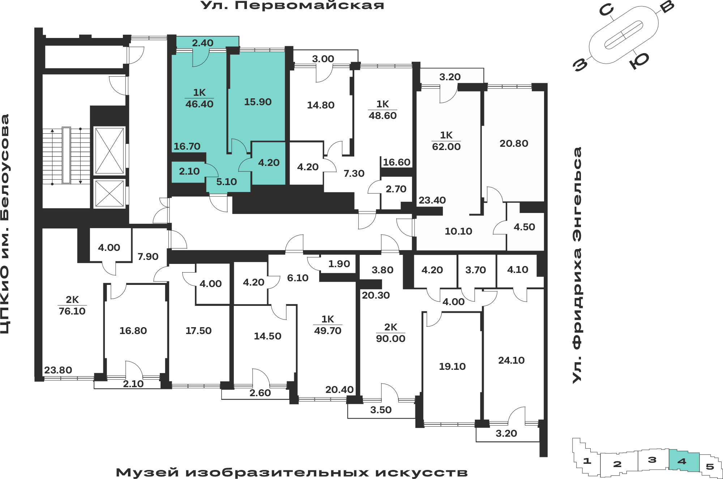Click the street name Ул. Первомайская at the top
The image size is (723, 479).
[x=292, y=5]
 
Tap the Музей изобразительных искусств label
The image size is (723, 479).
[x=292, y=472]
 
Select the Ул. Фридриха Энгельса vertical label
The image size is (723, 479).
[x=577, y=265]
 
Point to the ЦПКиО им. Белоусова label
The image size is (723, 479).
[x=5, y=224]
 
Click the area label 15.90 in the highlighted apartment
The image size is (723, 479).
[x=258, y=102]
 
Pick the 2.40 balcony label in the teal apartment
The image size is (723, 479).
[x=202, y=43]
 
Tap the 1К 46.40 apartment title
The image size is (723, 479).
[x=199, y=98]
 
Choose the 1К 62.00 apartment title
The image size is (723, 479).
[x=446, y=141]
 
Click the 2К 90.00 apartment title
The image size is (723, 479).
[x=390, y=333]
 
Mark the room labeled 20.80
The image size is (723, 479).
[x=514, y=144]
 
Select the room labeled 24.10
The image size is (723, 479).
[x=511, y=360]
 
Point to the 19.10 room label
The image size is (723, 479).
[x=452, y=367]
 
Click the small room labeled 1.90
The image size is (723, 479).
[x=339, y=264]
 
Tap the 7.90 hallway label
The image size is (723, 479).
[x=148, y=257]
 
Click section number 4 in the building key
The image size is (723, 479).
[x=682, y=461]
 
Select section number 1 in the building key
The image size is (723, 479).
[x=587, y=461]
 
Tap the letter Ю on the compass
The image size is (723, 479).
[x=639, y=60]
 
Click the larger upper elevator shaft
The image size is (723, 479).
[x=109, y=151]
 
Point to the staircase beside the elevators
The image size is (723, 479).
[x=66, y=155]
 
